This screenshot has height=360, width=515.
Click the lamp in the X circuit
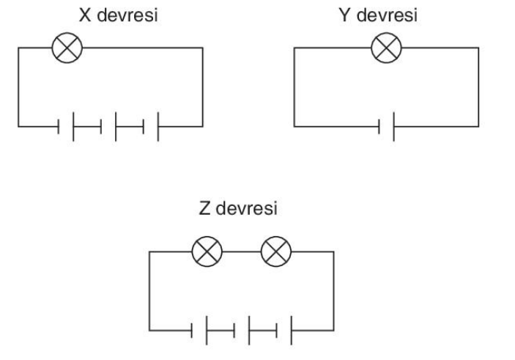(67, 48)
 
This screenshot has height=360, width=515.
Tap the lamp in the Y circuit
(386, 48)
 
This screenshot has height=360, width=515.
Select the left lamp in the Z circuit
(207, 251)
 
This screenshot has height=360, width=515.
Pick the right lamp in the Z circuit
(276, 251)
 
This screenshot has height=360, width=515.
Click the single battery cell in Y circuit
(387, 127)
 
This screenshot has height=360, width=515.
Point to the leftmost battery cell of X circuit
(66, 127)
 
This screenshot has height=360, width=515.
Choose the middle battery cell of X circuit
(108, 127)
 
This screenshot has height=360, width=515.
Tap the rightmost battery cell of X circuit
(151, 127)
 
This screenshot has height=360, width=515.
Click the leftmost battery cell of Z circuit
(199, 331)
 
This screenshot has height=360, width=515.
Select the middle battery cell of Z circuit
(242, 331)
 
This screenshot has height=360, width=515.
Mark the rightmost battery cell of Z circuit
(284, 331)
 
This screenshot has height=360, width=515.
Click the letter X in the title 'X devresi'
(85, 15)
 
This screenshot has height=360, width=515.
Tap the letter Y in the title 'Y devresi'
(345, 15)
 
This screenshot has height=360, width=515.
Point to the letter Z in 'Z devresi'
(204, 208)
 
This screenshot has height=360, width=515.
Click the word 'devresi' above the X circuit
(127, 15)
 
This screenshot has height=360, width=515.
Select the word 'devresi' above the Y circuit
(387, 15)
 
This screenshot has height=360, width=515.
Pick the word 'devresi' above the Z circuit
(247, 208)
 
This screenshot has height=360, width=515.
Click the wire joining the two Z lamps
(242, 251)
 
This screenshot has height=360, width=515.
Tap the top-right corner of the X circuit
(203, 48)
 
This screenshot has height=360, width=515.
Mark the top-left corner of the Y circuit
(294, 48)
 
